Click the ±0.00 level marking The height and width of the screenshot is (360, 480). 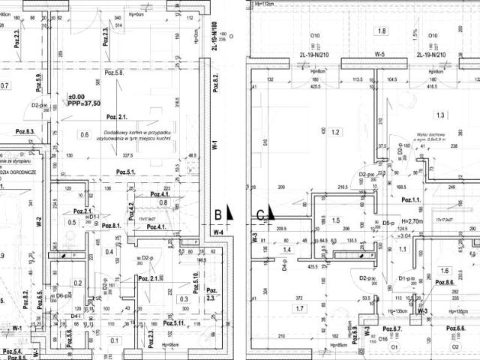point(76,97)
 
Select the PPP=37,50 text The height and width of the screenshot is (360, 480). point(83,104)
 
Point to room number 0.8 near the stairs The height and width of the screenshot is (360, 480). point(163,202)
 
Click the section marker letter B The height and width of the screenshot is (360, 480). point(217,214)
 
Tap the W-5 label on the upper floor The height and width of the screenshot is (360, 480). point(379,55)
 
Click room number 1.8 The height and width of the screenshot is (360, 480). point(382,31)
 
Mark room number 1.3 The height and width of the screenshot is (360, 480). point(439,115)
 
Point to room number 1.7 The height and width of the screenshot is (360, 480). point(300,308)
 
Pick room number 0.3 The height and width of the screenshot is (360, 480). point(184,299)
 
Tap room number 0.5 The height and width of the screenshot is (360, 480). point(73,222)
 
